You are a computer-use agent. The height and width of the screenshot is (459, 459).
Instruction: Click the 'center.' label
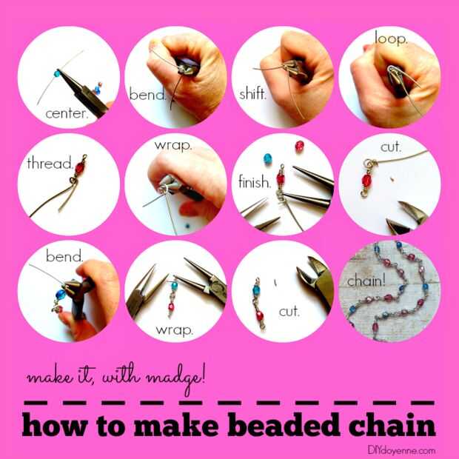67,113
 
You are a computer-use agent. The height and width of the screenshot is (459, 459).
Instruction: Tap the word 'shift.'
253,94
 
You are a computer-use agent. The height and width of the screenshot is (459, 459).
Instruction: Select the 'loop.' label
391,38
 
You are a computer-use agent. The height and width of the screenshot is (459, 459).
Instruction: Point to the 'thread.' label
50,163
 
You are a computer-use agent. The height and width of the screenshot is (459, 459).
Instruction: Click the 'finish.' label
255,182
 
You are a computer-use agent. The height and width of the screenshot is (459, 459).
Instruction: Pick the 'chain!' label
366,281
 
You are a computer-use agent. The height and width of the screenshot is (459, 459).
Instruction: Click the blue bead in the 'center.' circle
57,73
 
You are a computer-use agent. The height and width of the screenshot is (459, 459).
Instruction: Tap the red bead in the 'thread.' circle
80,168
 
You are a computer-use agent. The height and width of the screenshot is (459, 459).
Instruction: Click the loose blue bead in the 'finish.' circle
267,158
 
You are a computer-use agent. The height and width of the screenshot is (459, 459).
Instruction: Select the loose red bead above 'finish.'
300,146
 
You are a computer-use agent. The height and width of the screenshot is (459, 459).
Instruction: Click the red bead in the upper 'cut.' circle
366,180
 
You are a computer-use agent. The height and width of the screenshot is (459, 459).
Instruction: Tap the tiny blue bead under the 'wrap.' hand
187,226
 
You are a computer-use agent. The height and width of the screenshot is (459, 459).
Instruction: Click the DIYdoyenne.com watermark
401,450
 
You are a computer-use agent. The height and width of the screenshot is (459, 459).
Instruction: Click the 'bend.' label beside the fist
147,94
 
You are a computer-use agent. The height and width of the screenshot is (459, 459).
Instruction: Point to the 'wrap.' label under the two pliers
175,330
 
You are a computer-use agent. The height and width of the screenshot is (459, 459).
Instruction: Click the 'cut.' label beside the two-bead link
289,311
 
